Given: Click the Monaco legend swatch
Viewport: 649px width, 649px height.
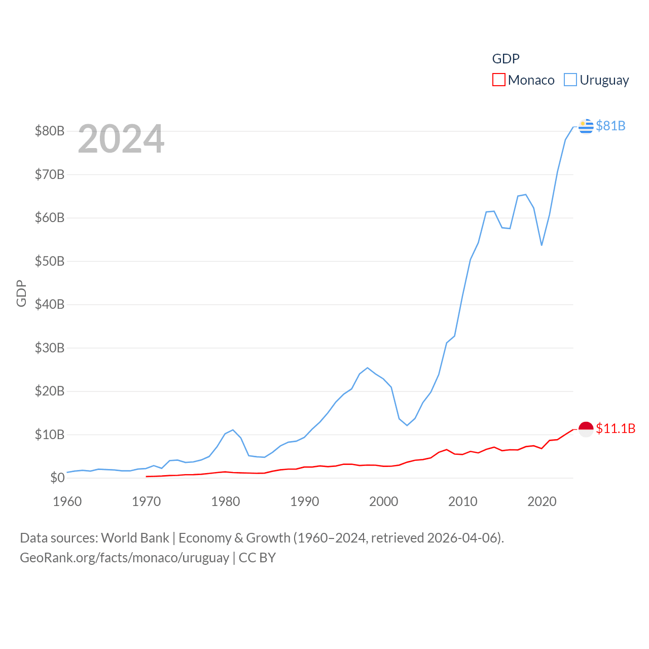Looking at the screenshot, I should coord(499,80).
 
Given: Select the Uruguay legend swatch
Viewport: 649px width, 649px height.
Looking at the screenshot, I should coord(570,80).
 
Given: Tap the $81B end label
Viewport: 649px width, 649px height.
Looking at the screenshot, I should coord(610,126).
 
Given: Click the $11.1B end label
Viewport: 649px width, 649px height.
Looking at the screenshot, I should coord(616,428).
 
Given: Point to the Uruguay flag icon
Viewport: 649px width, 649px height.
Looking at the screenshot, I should coord(586,126).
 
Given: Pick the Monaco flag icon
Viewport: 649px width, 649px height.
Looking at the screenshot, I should coord(586,429).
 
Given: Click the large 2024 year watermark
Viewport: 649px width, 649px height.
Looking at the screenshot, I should coord(121,139).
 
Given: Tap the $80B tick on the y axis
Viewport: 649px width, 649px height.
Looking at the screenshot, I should coord(50,131).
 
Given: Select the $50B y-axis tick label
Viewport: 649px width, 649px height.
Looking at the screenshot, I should coord(50,262).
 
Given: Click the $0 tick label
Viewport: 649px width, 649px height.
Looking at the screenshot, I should coord(57,478).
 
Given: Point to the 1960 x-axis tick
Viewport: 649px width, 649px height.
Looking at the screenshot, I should coord(67,501).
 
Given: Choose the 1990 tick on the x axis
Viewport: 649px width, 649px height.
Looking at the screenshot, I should coord(305,501).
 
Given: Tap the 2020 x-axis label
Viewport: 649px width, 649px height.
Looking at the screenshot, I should coord(542,501).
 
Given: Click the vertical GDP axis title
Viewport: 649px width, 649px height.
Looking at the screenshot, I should coord(21,293).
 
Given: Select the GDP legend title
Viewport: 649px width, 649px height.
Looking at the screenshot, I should coord(506,59).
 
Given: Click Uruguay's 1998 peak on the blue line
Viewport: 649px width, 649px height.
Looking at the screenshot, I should coord(368,368).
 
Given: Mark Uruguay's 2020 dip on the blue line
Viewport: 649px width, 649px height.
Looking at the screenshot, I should coord(542,245).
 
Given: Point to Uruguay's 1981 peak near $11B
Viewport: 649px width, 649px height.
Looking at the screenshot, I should coord(233,430).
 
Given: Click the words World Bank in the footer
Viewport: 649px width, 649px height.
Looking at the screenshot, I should coord(135,537).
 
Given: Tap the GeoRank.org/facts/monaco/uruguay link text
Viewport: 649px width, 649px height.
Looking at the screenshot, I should coord(124,558).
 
